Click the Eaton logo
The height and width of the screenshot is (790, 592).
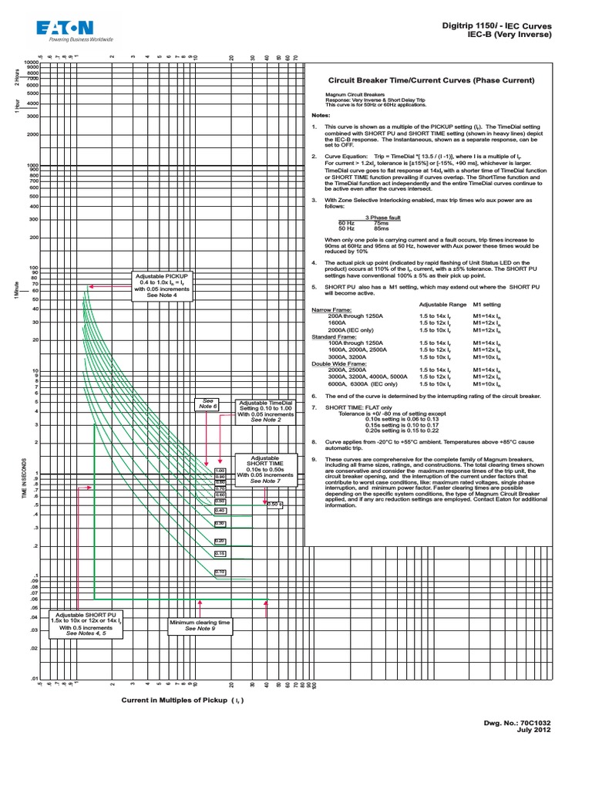74,30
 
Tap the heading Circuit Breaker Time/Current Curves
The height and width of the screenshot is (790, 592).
432,80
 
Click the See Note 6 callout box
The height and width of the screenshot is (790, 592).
209,404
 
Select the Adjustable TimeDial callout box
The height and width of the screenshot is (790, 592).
266,411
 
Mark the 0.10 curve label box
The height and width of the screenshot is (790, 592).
220,572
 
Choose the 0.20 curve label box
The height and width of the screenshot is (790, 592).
220,541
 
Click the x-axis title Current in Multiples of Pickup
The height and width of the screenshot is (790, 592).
179,700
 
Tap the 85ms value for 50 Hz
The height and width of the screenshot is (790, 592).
382,228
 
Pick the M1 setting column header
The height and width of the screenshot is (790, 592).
486,305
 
